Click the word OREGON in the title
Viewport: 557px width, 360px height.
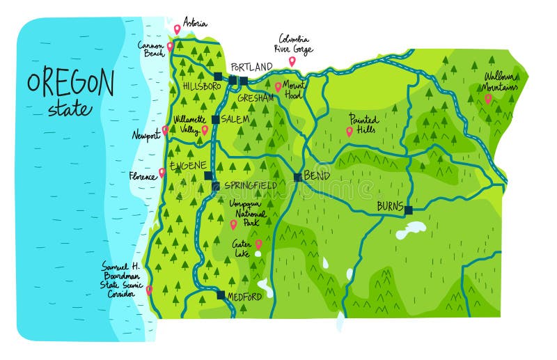point(70,83)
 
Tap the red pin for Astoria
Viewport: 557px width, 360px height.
point(177,29)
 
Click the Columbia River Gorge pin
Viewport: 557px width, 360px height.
point(292,61)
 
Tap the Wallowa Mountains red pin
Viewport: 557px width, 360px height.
point(488,99)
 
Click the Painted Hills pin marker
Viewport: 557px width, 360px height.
point(350,131)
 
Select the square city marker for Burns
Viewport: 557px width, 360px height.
point(408,210)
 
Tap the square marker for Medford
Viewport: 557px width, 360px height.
point(221,295)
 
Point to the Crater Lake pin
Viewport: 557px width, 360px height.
point(258,244)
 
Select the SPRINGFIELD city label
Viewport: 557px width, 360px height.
point(249,185)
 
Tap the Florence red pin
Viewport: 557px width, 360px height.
point(162,172)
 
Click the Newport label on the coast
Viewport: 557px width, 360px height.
point(146,135)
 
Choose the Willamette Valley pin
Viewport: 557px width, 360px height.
point(204,130)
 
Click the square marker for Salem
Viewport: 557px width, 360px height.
point(215,120)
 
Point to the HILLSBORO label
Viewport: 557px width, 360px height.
point(201,86)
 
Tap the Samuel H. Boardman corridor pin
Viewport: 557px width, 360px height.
point(149,290)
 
